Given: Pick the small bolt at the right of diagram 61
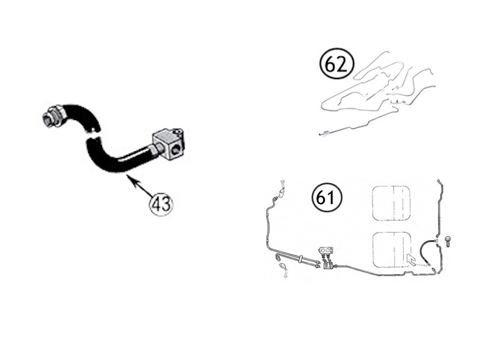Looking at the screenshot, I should (x=448, y=241).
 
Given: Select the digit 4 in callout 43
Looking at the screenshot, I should (x=155, y=204).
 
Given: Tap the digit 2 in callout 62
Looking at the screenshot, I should (x=342, y=64).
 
